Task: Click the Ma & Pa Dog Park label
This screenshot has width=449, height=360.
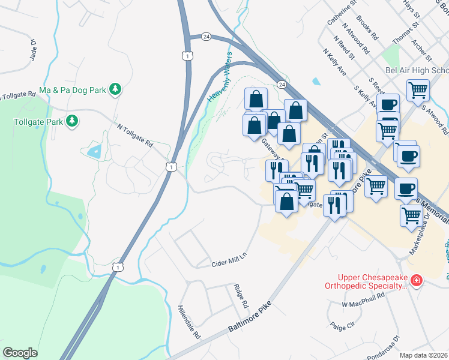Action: (72, 90)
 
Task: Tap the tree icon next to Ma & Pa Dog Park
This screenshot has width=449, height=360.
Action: (115, 90)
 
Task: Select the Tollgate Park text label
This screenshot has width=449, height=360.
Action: (38, 121)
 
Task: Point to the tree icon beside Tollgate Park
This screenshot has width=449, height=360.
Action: (72, 121)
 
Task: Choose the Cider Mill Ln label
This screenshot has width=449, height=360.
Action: (229, 263)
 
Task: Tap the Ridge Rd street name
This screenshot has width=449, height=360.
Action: (241, 296)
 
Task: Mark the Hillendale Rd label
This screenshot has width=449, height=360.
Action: (188, 322)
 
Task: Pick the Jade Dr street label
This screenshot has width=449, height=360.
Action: (34, 50)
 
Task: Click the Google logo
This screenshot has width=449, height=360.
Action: (20, 353)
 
